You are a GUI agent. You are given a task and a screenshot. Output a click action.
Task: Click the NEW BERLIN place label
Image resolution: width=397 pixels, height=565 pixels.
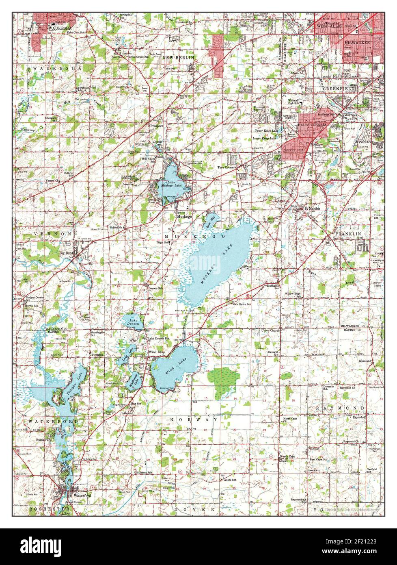pos(178,58)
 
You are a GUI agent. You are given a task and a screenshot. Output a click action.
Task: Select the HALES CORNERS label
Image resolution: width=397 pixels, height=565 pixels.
pos(313,125)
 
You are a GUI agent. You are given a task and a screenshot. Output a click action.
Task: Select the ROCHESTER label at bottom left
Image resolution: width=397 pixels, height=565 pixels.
pos(43,509)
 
